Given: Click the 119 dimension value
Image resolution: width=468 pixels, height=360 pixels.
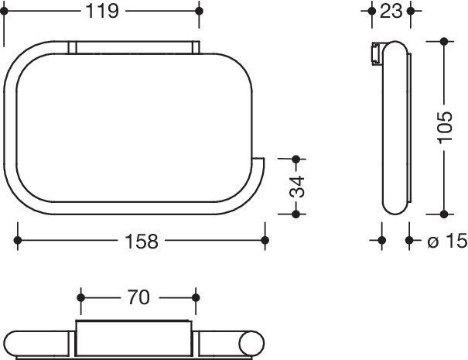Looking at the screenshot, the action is pyautogui.click(x=102, y=12).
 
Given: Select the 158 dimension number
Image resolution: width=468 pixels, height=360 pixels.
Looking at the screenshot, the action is pyautogui.click(x=142, y=242).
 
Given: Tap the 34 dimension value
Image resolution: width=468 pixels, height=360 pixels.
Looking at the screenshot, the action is pyautogui.click(x=297, y=187).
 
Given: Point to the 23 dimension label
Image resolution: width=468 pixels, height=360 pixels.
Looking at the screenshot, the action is pyautogui.click(x=391, y=12).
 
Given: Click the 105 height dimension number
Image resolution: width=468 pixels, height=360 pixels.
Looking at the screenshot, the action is pyautogui.click(x=445, y=128).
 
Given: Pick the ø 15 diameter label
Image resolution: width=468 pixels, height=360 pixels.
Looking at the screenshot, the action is pyautogui.click(x=447, y=241).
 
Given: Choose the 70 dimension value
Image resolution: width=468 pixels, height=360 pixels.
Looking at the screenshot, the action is pyautogui.click(x=138, y=297).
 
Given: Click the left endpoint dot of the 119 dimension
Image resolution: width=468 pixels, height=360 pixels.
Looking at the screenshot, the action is pyautogui.click(x=4, y=12).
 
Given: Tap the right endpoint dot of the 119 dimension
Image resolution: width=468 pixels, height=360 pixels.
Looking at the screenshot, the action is pyautogui.click(x=199, y=12).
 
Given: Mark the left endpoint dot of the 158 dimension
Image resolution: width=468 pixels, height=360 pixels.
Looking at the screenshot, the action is pyautogui.click(x=18, y=240).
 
